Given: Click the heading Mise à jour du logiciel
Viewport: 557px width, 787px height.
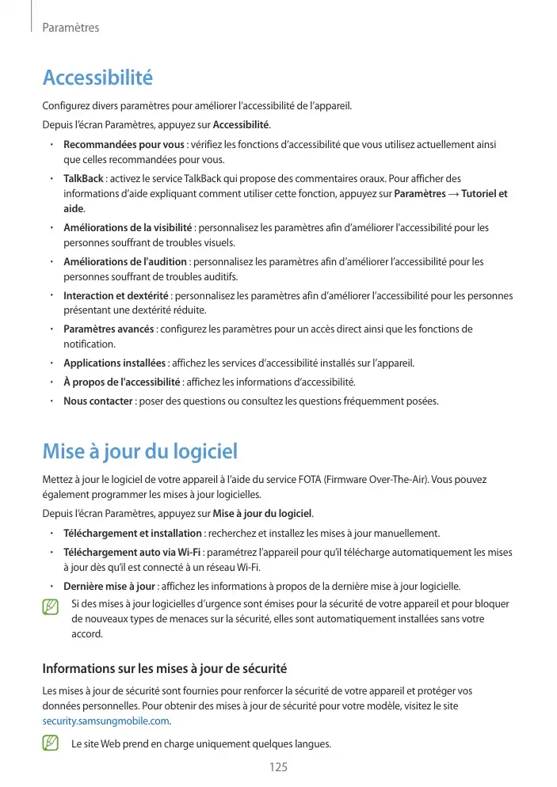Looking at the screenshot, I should tap(139, 452).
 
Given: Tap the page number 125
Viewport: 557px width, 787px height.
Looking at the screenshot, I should tap(278, 767).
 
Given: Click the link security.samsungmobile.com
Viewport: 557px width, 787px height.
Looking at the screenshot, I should tap(105, 720).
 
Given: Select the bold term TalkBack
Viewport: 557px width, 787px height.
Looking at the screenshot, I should tap(83, 178).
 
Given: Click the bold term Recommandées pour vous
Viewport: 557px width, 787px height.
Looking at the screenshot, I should tap(124, 145).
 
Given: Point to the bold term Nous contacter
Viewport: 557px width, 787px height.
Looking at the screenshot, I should tap(97, 401).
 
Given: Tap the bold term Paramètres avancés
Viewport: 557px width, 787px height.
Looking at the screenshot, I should tap(109, 329).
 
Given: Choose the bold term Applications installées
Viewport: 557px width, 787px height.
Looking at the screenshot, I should tap(114, 363).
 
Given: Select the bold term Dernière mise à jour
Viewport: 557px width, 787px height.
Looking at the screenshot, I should tap(109, 587).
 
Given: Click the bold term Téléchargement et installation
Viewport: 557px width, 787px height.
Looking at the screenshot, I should tap(132, 533).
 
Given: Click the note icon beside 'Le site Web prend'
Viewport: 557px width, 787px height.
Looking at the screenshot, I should tap(52, 744).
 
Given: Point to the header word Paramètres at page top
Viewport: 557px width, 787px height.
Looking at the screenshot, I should tap(71, 28).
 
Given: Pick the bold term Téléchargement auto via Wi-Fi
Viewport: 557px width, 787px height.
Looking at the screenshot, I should tap(132, 552).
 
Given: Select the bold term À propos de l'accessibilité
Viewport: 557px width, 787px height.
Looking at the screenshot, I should tap(122, 382).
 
